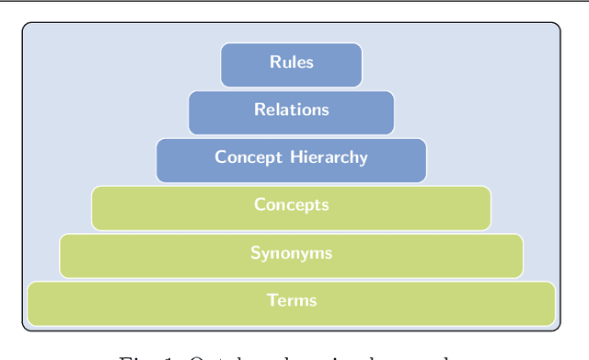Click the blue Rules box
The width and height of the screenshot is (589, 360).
[x=291, y=64]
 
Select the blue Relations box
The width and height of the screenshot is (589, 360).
[x=291, y=112]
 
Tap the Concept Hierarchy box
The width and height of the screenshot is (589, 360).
[x=291, y=160]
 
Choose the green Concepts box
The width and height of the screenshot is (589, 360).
[x=291, y=208]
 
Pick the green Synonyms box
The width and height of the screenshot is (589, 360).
[x=291, y=256]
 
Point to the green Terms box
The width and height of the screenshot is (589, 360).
[x=291, y=304]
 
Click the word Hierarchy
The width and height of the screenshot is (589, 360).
[x=329, y=157]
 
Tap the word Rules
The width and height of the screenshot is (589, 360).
[x=292, y=63]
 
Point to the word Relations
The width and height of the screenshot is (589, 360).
[x=292, y=110]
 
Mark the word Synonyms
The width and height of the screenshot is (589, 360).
[x=292, y=253]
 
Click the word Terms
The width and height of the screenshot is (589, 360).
[x=292, y=300]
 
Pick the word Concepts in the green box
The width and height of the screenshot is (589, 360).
[x=292, y=205]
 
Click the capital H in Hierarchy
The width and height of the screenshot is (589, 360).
[x=294, y=157]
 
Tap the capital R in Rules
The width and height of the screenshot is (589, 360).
[x=274, y=63]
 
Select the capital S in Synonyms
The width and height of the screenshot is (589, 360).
[x=255, y=253]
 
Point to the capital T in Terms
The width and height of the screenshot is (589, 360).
[x=271, y=300]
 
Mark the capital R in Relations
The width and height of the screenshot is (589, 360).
[x=260, y=110]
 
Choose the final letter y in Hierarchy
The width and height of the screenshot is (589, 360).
[x=364, y=159]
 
